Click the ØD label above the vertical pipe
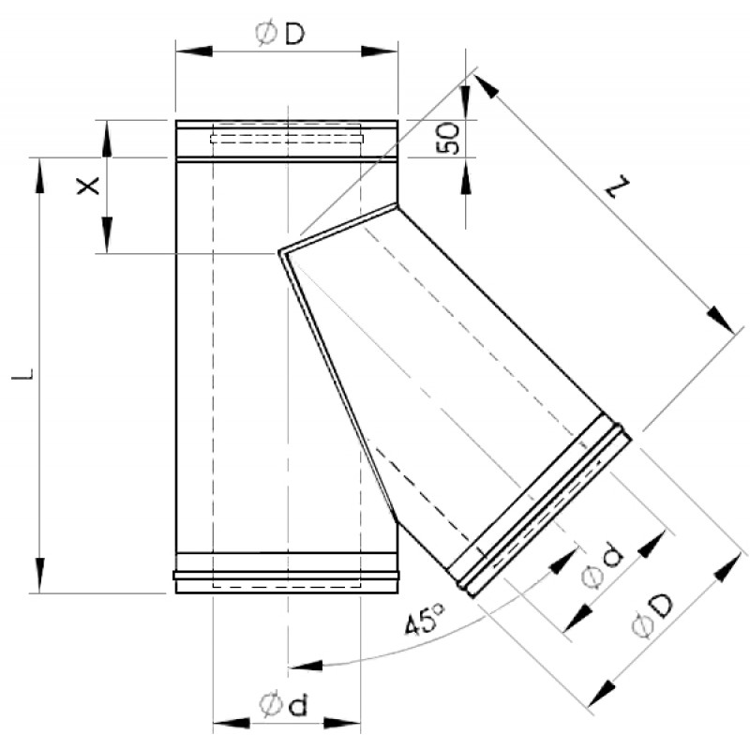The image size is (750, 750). point(279,34)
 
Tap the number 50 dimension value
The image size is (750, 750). point(449,138)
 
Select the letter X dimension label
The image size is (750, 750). point(88,186)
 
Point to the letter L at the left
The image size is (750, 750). point(22,374)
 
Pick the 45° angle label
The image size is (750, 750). point(426,620)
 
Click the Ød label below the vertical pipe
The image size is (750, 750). point(283,705)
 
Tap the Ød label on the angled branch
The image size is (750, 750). point(603,565)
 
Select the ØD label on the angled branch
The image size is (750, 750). point(652,616)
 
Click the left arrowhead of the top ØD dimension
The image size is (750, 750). point(194,52)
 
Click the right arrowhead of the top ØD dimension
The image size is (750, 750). point(380,52)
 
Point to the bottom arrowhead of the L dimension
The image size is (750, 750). point(39,575)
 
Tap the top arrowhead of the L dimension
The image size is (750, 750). point(39,175)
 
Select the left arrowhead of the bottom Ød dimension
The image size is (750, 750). point(231,723)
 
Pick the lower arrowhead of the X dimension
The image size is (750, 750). point(107,235)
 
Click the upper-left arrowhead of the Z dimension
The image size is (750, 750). point(487,86)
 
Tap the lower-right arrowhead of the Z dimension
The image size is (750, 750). point(721,319)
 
